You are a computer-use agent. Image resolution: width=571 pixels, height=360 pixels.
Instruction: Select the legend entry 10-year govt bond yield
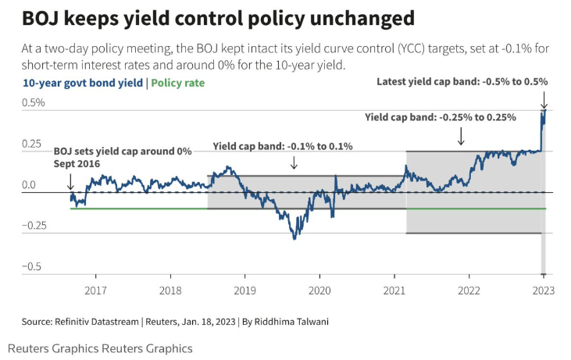tap(84, 82)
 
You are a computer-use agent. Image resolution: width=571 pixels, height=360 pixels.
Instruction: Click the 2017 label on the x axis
tap(95, 290)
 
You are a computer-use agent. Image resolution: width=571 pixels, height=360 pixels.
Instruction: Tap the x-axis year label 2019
tap(244, 290)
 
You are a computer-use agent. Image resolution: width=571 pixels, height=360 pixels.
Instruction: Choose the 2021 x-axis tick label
tap(394, 290)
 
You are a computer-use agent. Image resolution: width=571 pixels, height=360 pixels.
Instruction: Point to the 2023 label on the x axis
tap(543, 290)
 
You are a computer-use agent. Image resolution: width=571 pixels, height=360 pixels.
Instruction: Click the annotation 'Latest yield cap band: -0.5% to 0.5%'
tap(462, 81)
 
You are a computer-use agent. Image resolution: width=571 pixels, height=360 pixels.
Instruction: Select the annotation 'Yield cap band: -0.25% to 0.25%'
tap(441, 117)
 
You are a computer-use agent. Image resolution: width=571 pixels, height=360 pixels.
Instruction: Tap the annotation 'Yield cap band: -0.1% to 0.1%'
tap(283, 146)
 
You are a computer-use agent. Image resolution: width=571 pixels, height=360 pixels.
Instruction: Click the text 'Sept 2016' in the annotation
tap(78, 164)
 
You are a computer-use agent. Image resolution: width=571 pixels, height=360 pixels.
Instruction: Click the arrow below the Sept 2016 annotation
tap(70, 181)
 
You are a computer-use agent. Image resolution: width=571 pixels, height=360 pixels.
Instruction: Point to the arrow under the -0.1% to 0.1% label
tap(294, 162)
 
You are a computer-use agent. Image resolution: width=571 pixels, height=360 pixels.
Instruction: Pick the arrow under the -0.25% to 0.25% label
tap(461, 136)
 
